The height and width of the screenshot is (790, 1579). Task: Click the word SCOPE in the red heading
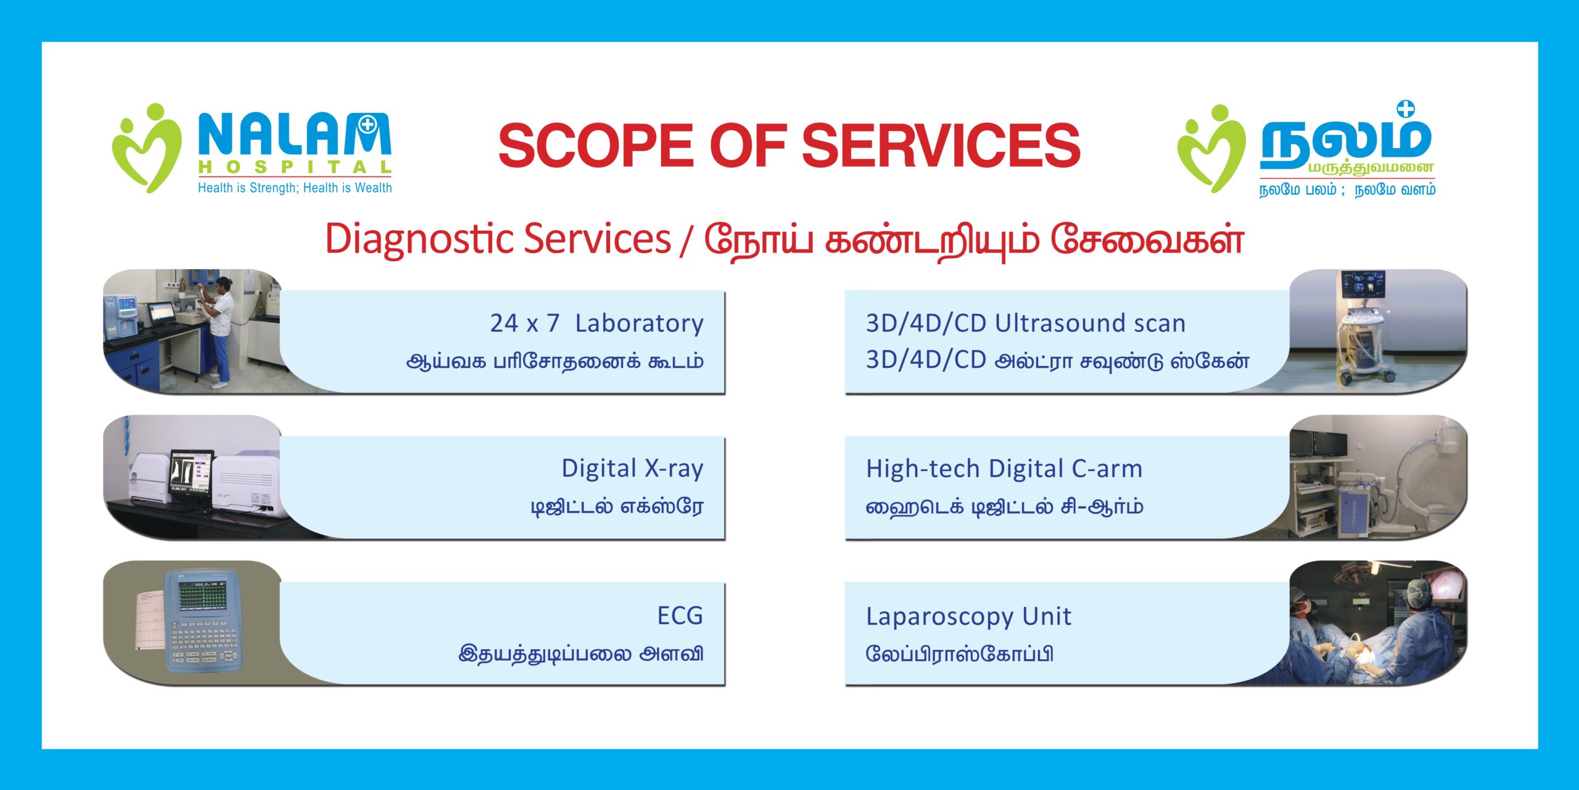596,145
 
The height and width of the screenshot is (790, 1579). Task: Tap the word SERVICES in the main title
941,145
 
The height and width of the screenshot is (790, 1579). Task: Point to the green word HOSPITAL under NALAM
295,167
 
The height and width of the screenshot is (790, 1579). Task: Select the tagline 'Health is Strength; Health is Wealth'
295,188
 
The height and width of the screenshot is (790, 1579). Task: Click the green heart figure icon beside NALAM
147,148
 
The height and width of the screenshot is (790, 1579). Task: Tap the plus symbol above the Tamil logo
1405,109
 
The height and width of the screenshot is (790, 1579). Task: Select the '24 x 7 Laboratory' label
596,323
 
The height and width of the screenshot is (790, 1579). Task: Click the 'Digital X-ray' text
632,469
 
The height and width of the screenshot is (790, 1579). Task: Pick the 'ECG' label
680,616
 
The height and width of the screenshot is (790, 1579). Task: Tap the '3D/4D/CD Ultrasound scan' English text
1026,323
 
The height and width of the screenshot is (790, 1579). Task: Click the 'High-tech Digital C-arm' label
1004,469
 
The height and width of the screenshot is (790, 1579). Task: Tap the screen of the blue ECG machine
202,594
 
